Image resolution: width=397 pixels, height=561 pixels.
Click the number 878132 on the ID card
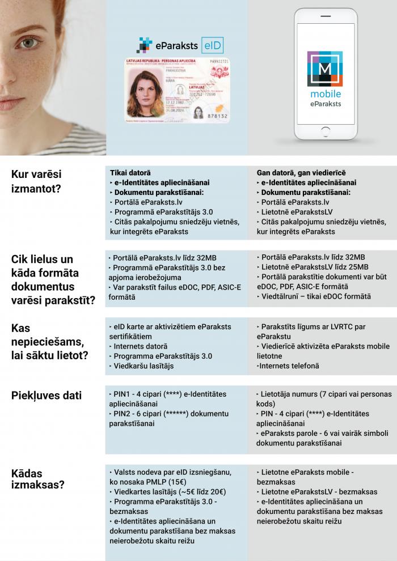(216, 116)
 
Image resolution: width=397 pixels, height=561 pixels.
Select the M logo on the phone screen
(325, 69)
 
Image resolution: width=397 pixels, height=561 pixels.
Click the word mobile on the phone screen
(325, 95)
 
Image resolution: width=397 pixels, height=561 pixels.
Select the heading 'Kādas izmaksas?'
(38, 479)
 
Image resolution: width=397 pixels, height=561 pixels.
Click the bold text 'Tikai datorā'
(130, 172)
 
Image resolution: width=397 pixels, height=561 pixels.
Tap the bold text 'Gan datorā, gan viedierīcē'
(301, 172)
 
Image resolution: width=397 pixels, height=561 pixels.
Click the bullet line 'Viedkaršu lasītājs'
(143, 366)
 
